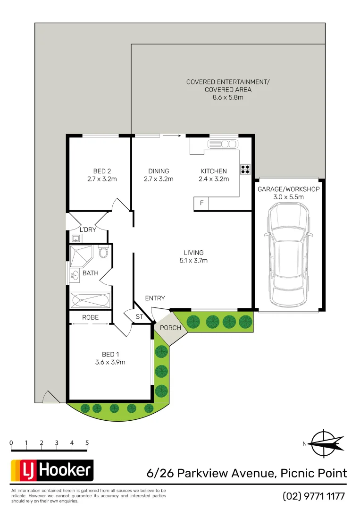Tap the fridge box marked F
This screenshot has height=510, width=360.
pos(201,204)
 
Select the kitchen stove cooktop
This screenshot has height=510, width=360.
pos(245,170)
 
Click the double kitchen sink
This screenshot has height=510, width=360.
pos(228,144)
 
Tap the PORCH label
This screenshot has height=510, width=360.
pos(170,328)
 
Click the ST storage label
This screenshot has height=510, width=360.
pos(139,317)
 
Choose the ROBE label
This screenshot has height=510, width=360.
pos(90,317)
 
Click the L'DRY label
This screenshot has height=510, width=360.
pos(87,229)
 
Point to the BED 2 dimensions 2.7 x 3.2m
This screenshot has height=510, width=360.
pos(102,179)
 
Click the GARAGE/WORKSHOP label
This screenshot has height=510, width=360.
pos(288,189)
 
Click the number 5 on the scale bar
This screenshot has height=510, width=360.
pos(87,443)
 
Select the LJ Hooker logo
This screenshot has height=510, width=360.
pos(52,470)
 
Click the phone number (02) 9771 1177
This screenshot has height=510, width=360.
pos(314,496)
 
